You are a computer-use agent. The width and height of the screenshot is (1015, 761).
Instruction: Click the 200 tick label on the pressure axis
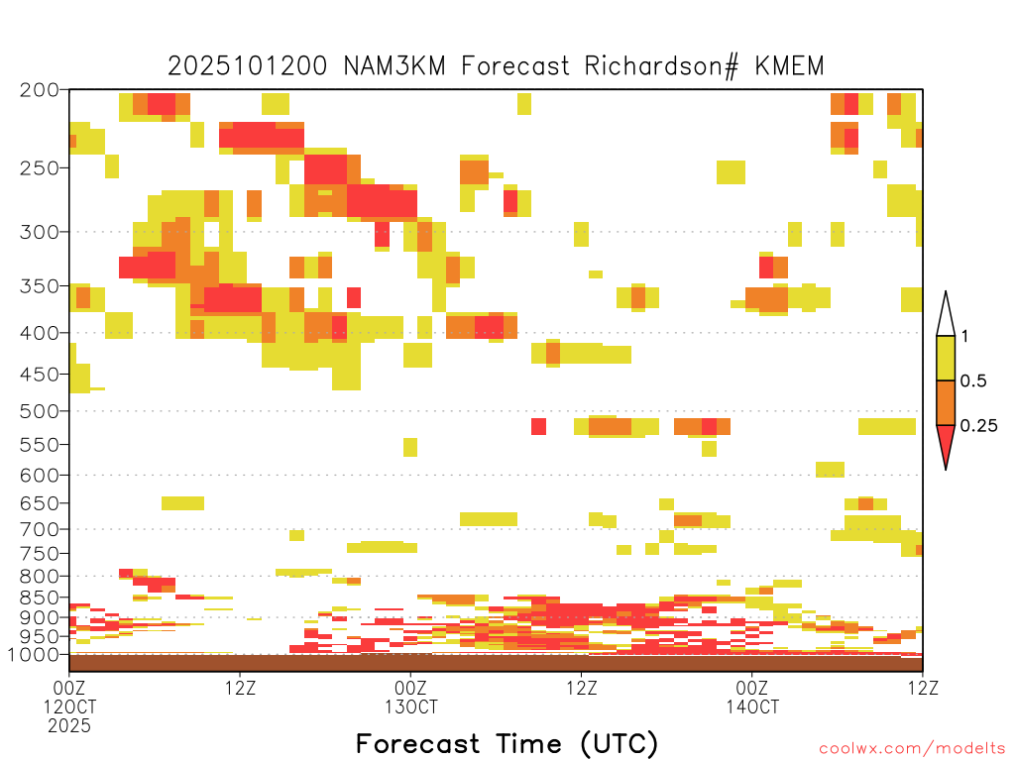(39, 90)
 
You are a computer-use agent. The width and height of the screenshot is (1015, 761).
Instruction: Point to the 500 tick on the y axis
(39, 411)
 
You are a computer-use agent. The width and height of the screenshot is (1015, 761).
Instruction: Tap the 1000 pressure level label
(33, 655)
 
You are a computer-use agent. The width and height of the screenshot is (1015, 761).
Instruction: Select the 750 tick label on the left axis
(39, 553)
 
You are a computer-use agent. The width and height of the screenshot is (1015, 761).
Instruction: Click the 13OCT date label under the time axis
(411, 707)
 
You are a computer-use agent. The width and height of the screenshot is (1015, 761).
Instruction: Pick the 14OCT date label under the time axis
(752, 707)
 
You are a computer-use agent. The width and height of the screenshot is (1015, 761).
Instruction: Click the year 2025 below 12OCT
(69, 726)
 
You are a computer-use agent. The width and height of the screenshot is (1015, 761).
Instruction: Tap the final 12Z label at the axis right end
(923, 688)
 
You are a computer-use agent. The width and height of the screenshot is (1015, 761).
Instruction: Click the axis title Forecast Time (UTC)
(507, 744)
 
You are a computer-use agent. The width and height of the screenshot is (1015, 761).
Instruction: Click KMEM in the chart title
(790, 66)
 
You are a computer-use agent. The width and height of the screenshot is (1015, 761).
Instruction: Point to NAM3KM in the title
(395, 66)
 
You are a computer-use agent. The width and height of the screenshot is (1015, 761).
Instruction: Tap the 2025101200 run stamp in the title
(248, 66)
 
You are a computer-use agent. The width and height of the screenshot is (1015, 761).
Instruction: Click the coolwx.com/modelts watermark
(912, 749)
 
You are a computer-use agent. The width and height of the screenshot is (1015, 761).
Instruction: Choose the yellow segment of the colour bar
(946, 358)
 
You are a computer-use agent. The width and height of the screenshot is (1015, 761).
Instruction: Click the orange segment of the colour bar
(946, 402)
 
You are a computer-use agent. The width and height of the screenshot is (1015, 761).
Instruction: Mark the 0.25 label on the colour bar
(978, 426)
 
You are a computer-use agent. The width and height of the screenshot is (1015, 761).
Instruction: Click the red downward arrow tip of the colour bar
(946, 469)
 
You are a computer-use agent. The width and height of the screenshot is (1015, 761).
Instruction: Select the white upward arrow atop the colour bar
(946, 314)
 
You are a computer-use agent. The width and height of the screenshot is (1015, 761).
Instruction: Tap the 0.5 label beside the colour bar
(973, 381)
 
